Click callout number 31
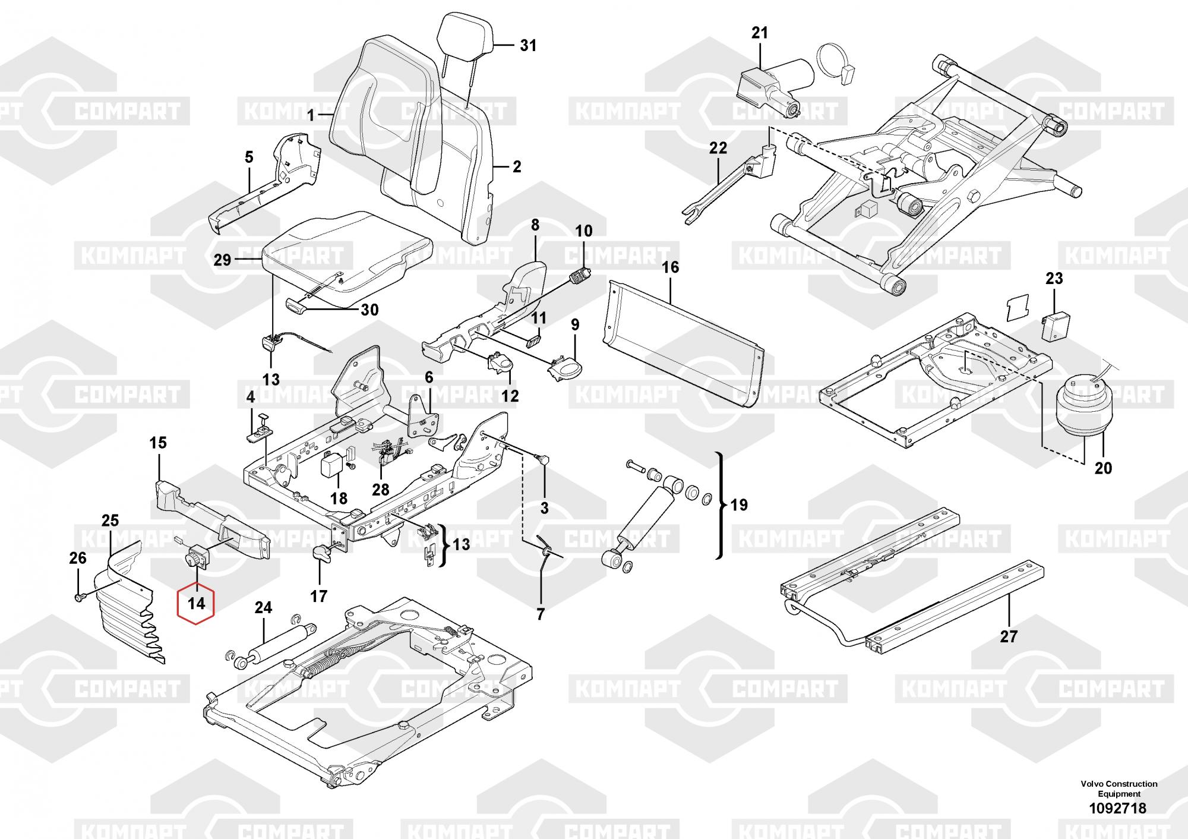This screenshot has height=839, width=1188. (527, 45)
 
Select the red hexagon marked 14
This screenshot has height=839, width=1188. (196, 604)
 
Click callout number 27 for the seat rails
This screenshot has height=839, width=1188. (1009, 636)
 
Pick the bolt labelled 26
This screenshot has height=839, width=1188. (79, 596)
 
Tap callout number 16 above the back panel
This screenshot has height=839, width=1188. (670, 267)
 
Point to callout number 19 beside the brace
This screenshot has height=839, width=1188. (738, 506)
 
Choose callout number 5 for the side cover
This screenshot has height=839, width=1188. (249, 157)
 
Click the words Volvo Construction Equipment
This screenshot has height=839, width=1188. (1119, 789)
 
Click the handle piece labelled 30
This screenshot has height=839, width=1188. (295, 305)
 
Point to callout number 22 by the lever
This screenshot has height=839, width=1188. (718, 148)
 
